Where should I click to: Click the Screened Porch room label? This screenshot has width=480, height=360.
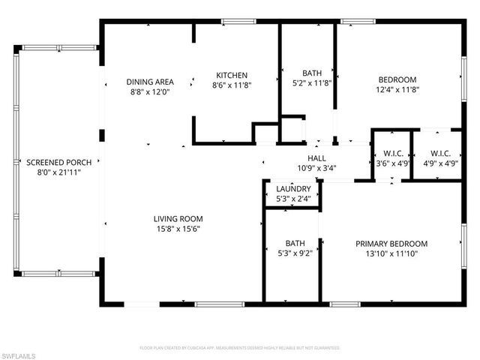[53, 162]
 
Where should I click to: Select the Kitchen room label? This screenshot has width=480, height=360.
[232, 75]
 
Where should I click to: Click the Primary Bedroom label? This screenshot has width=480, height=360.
[391, 244]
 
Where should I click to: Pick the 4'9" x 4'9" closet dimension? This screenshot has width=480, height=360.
[434, 163]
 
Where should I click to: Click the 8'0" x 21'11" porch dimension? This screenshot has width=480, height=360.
[53, 172]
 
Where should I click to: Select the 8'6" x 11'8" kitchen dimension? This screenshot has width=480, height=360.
[232, 85]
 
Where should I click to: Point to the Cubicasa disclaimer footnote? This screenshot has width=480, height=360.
[240, 348]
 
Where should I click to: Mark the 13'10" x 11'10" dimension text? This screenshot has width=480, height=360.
[391, 254]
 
